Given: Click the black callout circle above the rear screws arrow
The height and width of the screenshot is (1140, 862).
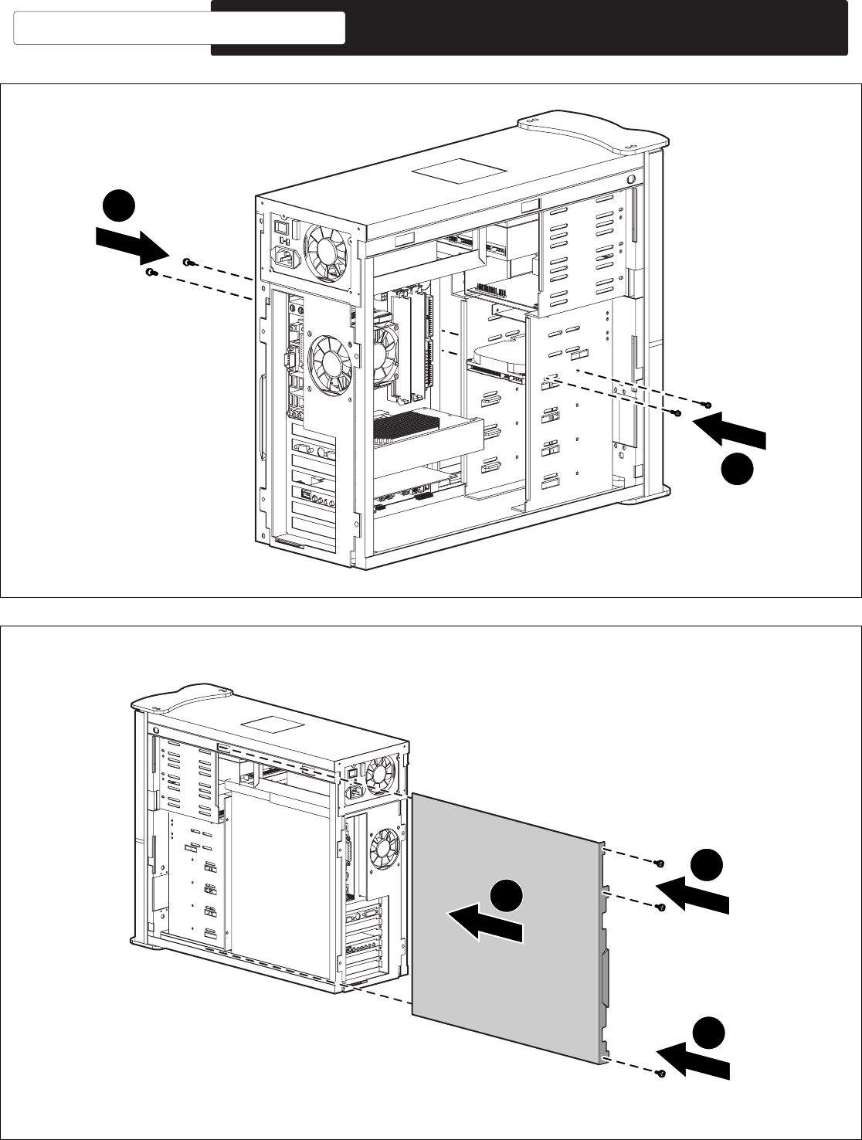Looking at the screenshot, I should (x=120, y=207).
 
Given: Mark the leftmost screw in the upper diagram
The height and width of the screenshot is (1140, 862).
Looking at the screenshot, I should (x=151, y=273).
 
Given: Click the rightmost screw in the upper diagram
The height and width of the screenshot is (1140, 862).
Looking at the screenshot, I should (x=705, y=405).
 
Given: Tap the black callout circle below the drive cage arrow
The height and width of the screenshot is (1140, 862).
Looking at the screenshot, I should (x=738, y=470).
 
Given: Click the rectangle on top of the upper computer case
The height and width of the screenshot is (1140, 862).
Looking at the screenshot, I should (x=459, y=171).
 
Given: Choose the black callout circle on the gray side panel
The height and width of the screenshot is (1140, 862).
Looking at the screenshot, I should (x=506, y=895).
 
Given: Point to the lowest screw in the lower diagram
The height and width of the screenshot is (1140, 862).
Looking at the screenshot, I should (x=660, y=1073).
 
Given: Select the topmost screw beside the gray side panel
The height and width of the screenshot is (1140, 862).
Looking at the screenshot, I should (x=659, y=863).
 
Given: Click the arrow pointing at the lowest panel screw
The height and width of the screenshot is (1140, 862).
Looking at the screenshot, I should (x=692, y=1060).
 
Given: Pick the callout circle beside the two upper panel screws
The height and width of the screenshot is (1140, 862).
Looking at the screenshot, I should (x=707, y=866).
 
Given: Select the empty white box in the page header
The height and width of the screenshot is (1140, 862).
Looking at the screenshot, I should (x=179, y=28).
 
